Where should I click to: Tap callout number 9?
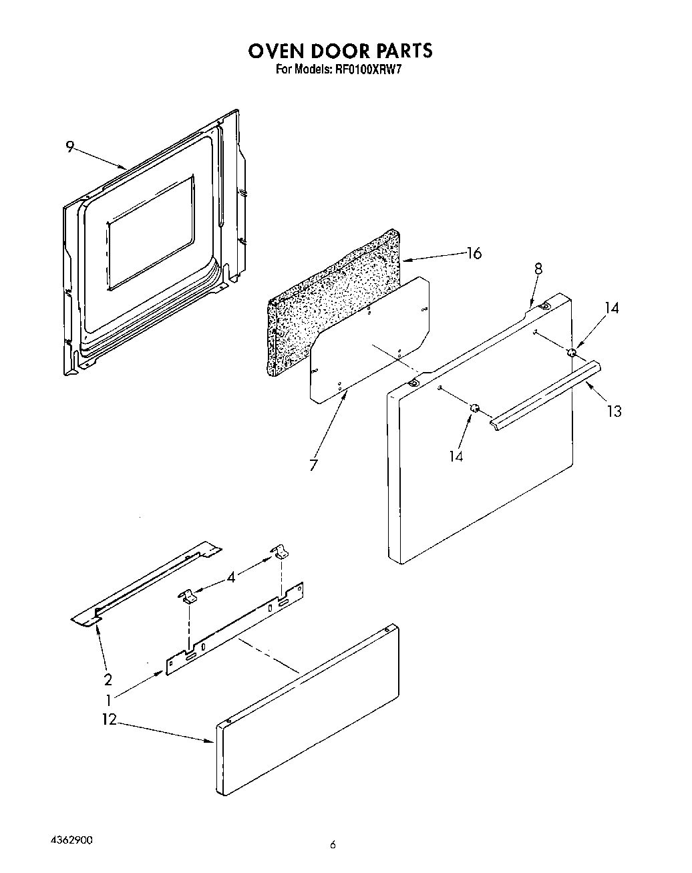(69, 148)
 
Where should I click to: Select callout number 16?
(474, 253)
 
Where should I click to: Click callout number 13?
(614, 411)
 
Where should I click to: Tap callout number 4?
(231, 576)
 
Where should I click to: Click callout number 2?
(108, 680)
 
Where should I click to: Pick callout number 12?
(109, 720)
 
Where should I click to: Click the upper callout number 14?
(612, 308)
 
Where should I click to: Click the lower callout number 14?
(456, 456)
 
